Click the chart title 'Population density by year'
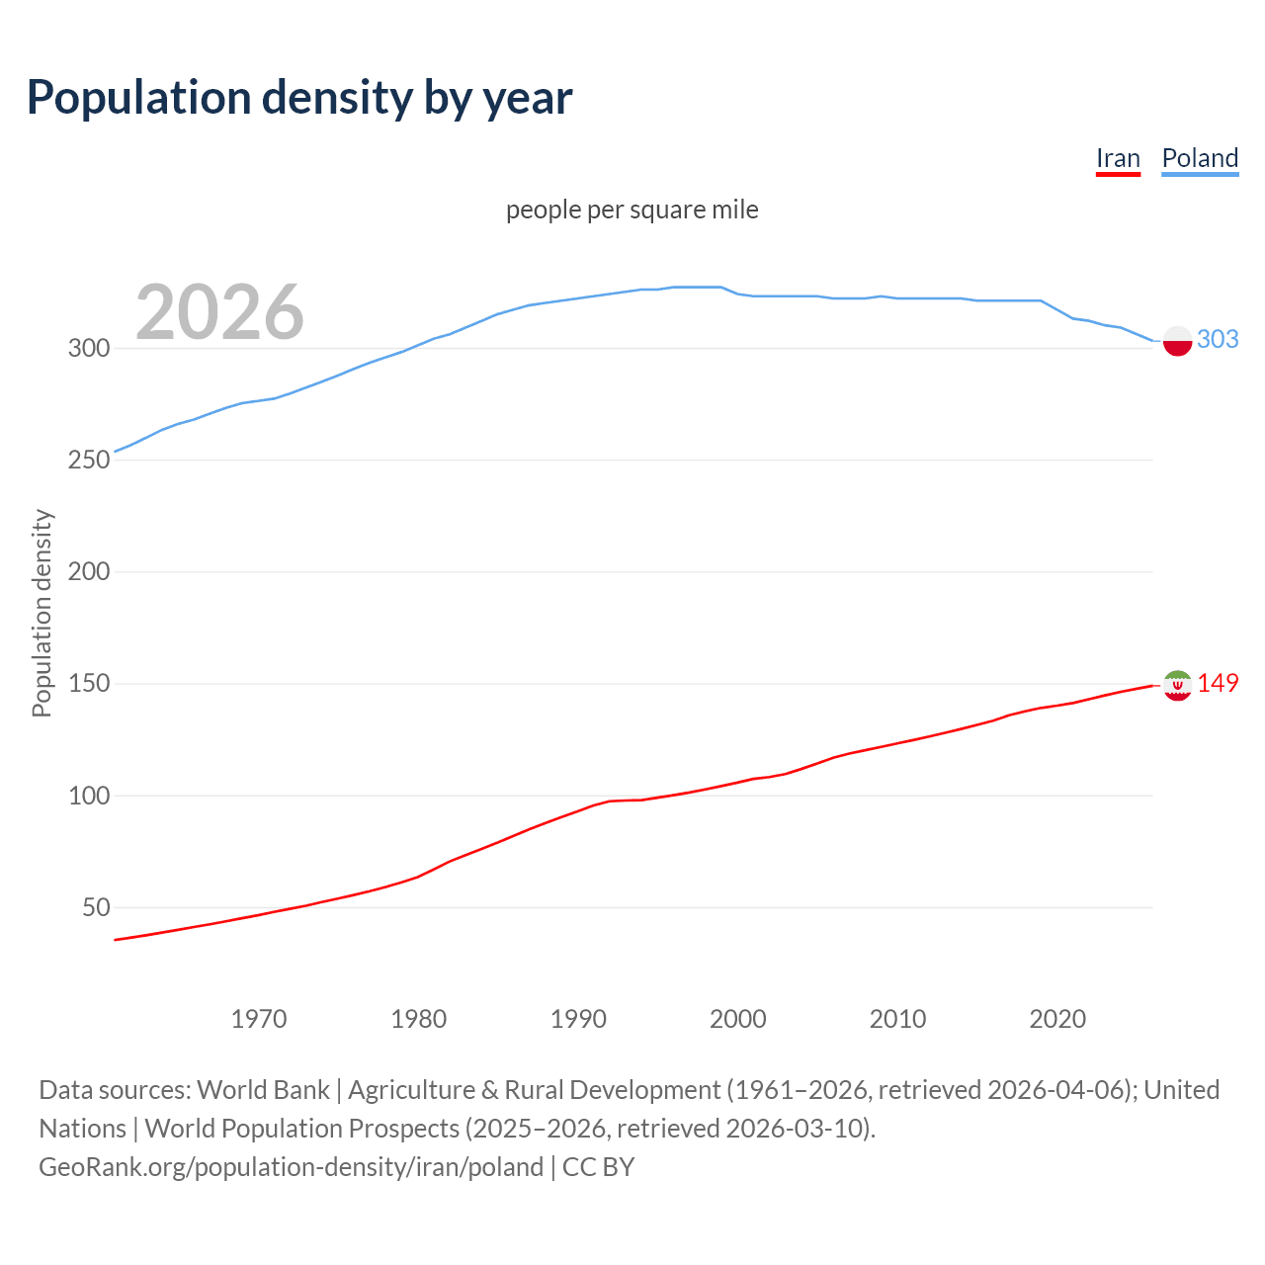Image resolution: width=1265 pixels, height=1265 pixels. point(299,98)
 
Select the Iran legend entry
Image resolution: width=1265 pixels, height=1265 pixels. point(1118,158)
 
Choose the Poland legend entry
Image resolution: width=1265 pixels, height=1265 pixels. point(1200,158)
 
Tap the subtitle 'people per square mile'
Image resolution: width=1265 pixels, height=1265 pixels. point(632,210)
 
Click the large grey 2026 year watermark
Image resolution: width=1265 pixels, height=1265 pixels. point(219,312)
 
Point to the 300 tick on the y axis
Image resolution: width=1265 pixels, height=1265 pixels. point(88,348)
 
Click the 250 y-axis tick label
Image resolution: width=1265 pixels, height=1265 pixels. point(88,460)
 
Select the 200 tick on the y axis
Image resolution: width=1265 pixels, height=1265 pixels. point(88,571)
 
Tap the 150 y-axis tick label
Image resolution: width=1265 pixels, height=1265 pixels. point(88,684)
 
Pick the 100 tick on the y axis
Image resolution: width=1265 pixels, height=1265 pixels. point(88,796)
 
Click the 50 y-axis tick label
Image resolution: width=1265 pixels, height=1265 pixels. point(96,907)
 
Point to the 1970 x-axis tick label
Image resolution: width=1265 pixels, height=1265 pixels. point(259,1019)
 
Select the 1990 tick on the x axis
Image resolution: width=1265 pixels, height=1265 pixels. point(578,1019)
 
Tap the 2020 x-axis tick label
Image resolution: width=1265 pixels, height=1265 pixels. point(1057,1019)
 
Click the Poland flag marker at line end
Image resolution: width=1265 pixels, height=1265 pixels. point(1177,341)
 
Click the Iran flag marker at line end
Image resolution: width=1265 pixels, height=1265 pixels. point(1177,685)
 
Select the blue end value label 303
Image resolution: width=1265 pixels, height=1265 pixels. point(1218,339)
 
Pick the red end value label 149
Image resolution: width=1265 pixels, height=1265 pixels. point(1218,683)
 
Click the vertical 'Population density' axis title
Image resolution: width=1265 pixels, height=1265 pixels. point(42,613)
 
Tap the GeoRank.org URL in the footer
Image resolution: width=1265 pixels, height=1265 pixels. point(291,1167)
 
